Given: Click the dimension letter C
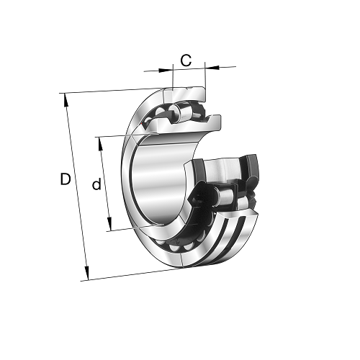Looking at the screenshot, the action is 186,60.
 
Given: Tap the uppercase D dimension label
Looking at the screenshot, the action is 66,179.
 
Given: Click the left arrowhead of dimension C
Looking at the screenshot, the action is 166,70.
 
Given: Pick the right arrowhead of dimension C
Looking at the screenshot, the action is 212,68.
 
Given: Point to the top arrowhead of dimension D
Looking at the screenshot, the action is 66,100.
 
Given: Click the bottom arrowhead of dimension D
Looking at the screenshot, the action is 86,273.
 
